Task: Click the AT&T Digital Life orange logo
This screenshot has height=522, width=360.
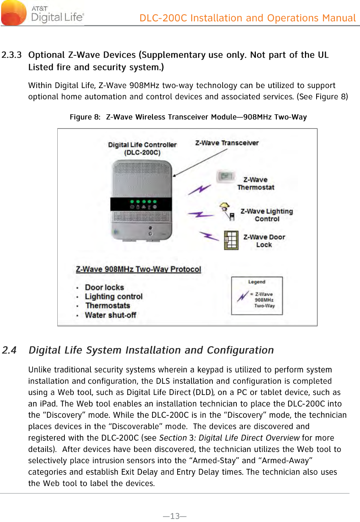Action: tap(14, 12)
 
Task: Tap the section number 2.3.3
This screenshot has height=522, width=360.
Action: tap(12, 55)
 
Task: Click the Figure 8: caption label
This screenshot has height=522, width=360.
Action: tap(85, 117)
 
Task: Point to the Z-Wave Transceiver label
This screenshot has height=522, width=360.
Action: tap(227, 143)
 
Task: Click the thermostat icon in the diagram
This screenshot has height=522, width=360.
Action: tap(226, 176)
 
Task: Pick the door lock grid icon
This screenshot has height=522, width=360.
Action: tap(231, 240)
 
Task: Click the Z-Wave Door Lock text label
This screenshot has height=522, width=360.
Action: tap(264, 241)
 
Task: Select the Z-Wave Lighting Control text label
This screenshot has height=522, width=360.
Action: tap(266, 215)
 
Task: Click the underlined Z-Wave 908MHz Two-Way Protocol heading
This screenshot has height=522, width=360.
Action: tap(138, 269)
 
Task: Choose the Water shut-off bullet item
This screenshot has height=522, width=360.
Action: tap(110, 316)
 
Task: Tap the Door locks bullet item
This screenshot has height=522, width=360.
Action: tap(104, 288)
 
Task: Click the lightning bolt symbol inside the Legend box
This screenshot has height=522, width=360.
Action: tap(243, 296)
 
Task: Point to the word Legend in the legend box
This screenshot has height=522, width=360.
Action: tap(257, 282)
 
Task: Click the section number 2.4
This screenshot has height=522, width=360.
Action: tap(9, 350)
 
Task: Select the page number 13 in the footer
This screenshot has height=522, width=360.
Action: tap(175, 516)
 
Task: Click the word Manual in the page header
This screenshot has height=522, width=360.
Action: tap(339, 18)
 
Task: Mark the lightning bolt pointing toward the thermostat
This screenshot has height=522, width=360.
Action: tap(199, 190)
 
